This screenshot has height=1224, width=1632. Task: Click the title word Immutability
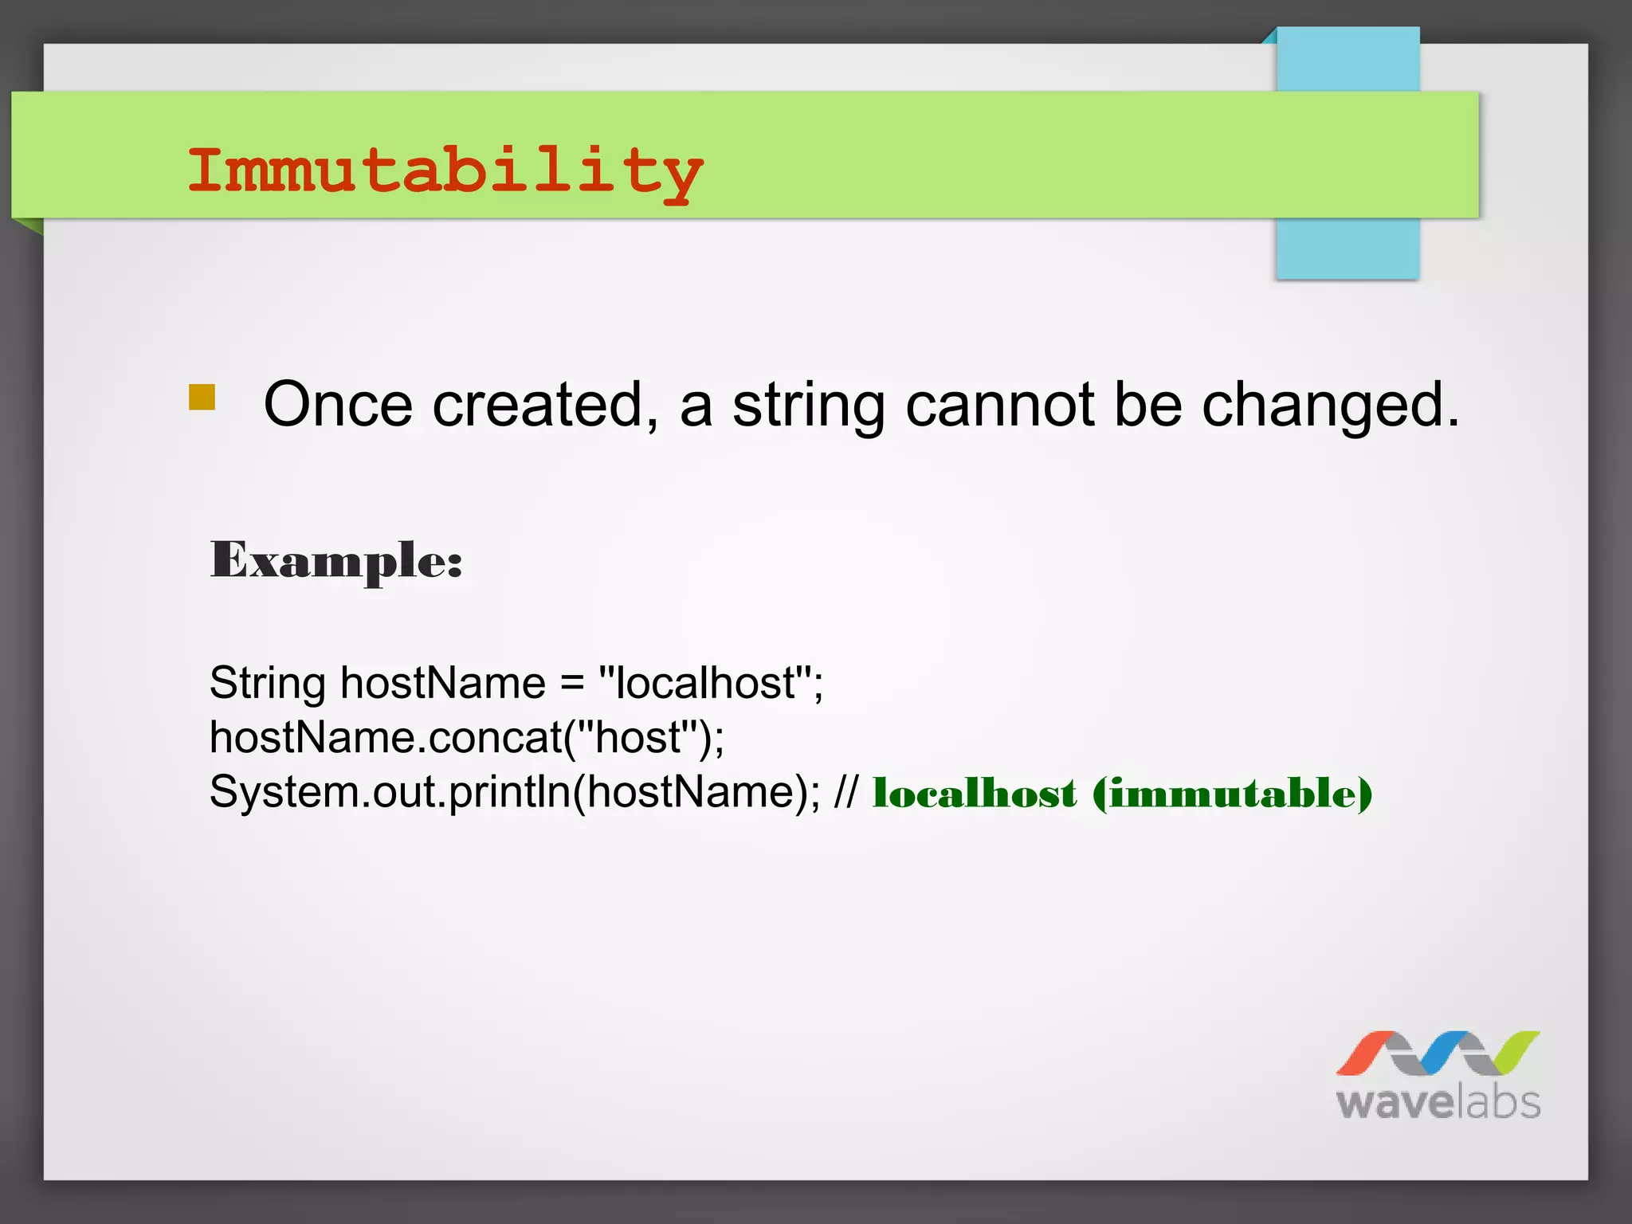[445, 171]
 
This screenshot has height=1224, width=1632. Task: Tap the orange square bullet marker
[202, 397]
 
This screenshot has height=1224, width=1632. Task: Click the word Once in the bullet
[338, 405]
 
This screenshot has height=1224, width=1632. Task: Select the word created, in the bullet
[546, 405]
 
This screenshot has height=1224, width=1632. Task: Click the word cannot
[999, 405]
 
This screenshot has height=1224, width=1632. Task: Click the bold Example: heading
[336, 561]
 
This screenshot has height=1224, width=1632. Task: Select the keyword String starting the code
[267, 684]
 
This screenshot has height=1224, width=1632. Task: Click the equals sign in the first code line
[571, 684]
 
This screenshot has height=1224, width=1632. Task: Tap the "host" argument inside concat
[637, 737]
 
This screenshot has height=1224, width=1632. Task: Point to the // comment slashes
[845, 792]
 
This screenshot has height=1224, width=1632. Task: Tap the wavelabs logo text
[1438, 1103]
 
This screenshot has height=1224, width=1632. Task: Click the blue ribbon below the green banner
[1347, 249]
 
